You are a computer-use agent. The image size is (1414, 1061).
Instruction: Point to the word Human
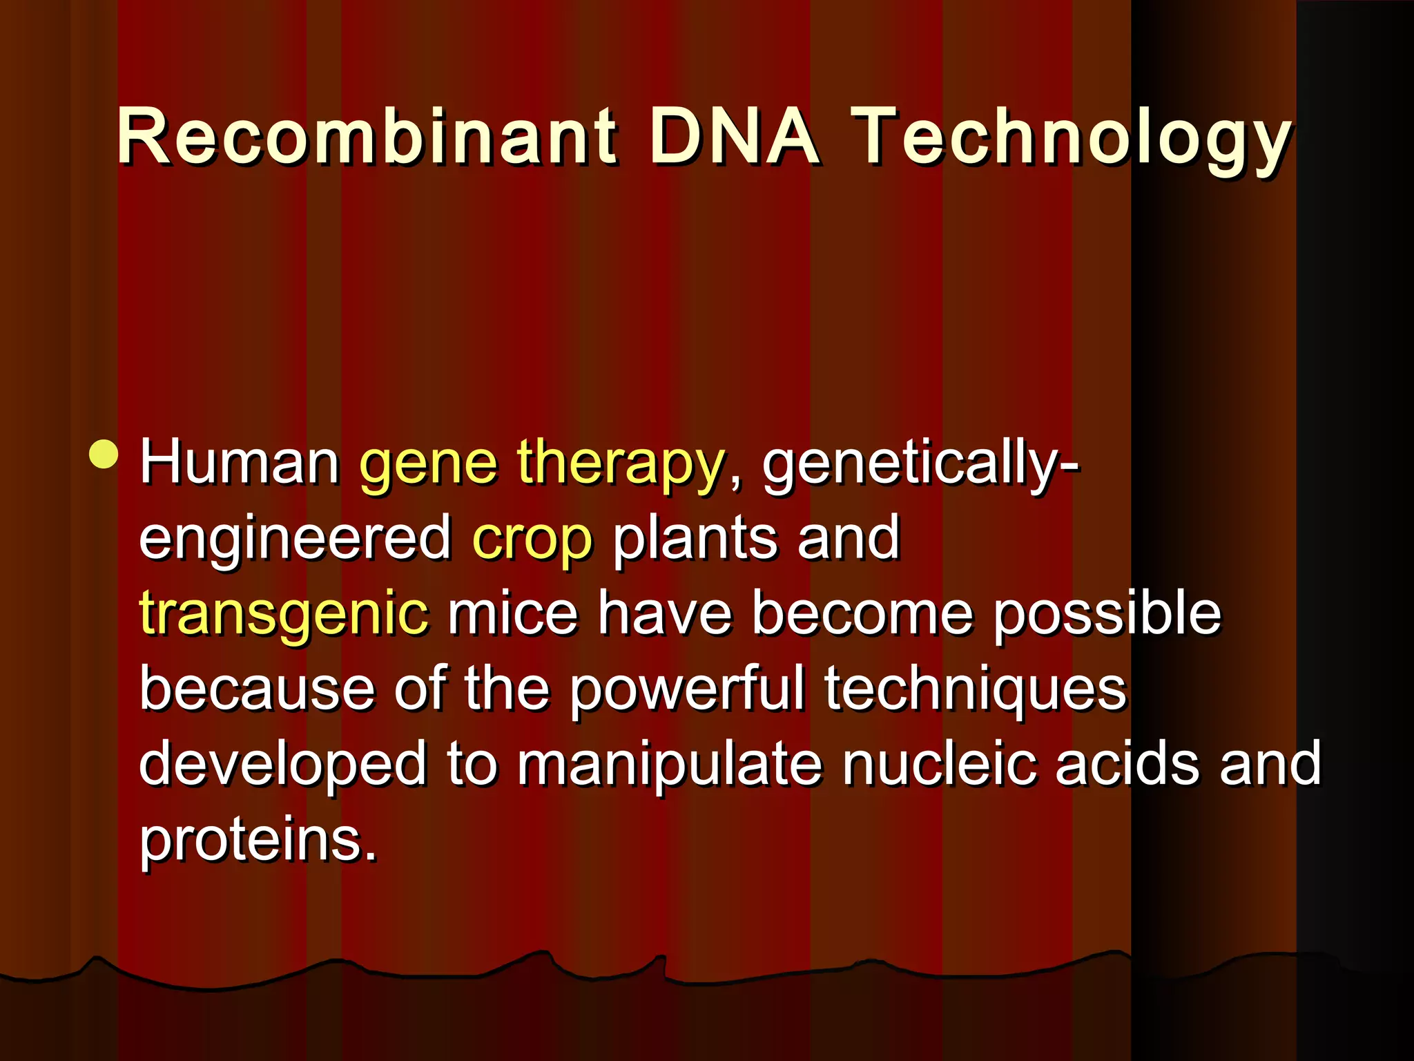tap(239, 463)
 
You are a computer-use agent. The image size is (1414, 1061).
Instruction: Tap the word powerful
tap(687, 690)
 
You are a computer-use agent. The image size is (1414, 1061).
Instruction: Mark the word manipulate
tap(670, 766)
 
